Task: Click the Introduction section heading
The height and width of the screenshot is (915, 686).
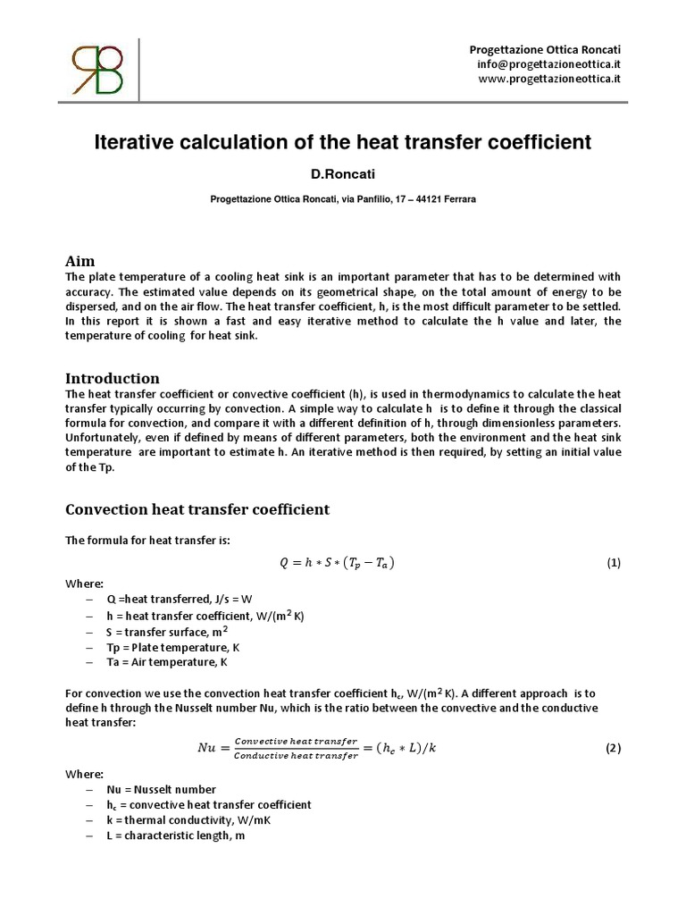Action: (x=113, y=378)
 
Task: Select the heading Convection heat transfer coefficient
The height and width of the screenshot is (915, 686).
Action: (x=197, y=509)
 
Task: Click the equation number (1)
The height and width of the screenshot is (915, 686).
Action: (x=613, y=563)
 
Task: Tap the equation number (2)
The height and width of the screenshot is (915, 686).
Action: (x=613, y=749)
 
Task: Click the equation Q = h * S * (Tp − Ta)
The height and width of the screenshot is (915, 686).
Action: (x=337, y=563)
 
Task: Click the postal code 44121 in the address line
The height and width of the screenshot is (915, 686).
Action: (x=423, y=200)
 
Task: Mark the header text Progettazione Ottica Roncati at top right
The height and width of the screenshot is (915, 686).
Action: (x=545, y=47)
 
